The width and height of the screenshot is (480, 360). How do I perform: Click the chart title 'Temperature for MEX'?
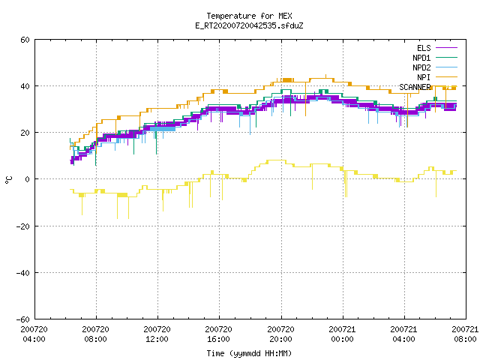tap(249, 16)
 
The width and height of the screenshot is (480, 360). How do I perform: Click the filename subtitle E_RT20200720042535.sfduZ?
tap(249, 25)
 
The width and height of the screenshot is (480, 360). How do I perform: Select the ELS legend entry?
tap(436, 48)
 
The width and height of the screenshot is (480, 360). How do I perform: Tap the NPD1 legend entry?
tap(435, 58)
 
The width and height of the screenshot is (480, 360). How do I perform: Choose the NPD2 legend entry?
tap(435, 67)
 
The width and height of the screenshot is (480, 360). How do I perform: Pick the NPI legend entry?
tap(436, 77)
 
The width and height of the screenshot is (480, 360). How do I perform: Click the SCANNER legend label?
tap(415, 87)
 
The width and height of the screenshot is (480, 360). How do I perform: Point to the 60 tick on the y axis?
tap(25, 40)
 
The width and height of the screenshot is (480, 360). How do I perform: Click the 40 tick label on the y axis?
tap(25, 86)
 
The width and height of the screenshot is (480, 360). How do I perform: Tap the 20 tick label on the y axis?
tap(25, 133)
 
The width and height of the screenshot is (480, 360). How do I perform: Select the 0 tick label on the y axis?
tap(28, 179)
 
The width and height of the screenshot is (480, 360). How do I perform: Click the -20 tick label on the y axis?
tap(23, 226)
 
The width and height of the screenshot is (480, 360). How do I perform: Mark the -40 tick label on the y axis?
tap(23, 273)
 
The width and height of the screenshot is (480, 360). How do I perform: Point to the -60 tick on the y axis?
tap(23, 319)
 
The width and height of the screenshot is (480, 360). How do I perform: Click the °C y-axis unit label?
tap(8, 180)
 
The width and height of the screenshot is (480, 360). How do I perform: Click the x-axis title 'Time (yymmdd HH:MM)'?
tap(249, 353)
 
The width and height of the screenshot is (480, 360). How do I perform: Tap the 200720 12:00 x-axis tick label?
tap(157, 334)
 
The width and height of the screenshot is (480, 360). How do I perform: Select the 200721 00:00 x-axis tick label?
tap(342, 334)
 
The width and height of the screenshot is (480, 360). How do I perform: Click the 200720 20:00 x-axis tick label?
tap(280, 334)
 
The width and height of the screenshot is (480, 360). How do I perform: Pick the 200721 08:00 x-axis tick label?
tap(465, 334)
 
